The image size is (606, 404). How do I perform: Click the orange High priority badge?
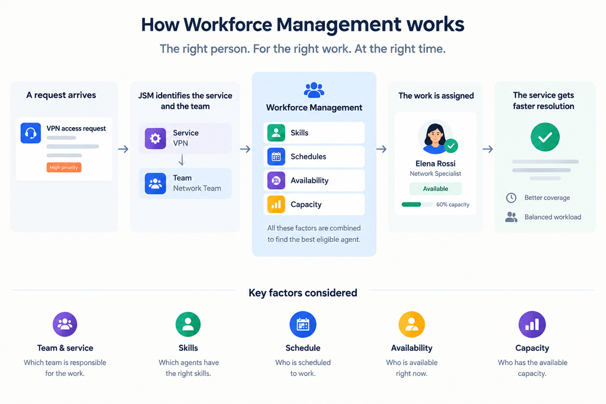click(64, 167)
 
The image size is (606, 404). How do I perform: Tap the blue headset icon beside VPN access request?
click(31, 133)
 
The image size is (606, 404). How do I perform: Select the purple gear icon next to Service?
click(156, 138)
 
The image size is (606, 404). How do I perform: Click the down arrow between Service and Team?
click(181, 160)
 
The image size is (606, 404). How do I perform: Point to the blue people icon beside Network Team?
click(156, 183)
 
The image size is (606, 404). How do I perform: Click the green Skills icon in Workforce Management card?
click(276, 133)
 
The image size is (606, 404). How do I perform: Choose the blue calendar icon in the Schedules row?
click(276, 156)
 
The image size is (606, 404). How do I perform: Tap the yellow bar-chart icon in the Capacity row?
click(276, 204)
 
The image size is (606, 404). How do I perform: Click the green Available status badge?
click(436, 189)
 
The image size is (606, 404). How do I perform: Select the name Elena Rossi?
click(436, 163)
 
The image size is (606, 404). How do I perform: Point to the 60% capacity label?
click(453, 205)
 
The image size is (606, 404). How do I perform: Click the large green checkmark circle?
click(545, 137)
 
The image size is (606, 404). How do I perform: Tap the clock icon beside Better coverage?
click(511, 198)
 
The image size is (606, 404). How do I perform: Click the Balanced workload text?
click(553, 217)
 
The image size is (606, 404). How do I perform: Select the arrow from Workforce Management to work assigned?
click(382, 149)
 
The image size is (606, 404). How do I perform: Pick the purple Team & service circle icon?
click(65, 324)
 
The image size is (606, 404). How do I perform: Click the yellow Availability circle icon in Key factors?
click(412, 324)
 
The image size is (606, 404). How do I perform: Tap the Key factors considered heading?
click(302, 293)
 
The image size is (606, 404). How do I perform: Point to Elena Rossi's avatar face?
click(435, 135)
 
